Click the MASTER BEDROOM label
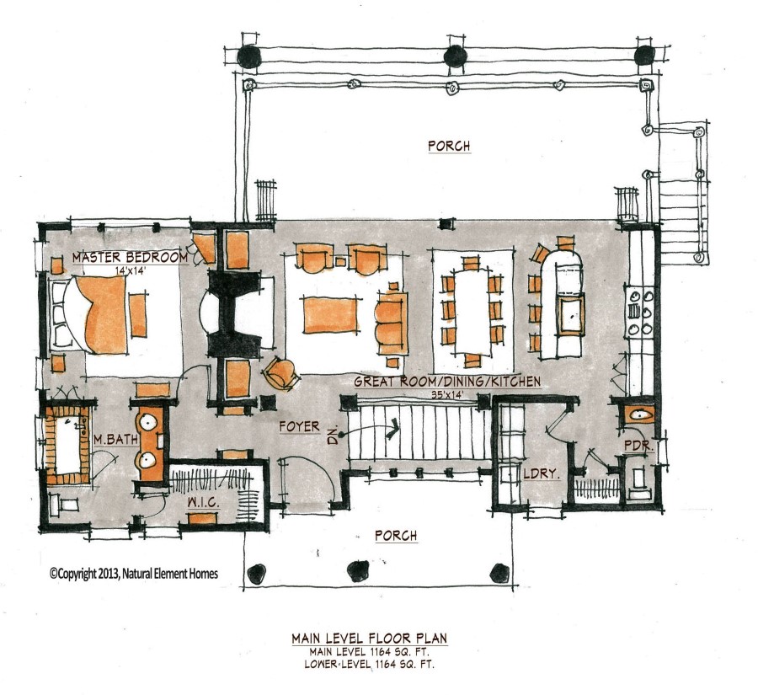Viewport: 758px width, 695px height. pyautogui.click(x=130, y=257)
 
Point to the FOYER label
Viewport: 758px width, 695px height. pyautogui.click(x=300, y=427)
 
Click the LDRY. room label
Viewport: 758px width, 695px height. pyautogui.click(x=541, y=474)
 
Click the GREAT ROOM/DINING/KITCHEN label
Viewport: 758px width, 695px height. pyautogui.click(x=446, y=382)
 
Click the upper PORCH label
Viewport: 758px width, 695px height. pyautogui.click(x=448, y=146)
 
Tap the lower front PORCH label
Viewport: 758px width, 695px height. pyautogui.click(x=398, y=536)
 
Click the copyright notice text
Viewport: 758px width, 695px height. pyautogui.click(x=133, y=574)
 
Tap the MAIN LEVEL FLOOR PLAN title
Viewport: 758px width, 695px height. pyautogui.click(x=369, y=639)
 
